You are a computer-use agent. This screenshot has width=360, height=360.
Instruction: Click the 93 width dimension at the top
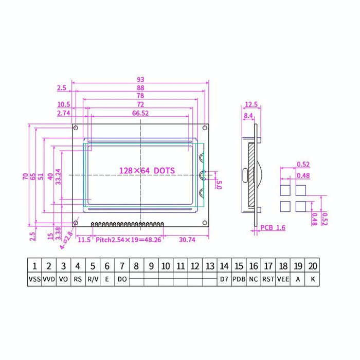pos(140,79)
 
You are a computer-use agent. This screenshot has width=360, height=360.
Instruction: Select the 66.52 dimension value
pos(140,113)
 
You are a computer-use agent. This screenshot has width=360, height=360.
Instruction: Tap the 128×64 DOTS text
pos(147,170)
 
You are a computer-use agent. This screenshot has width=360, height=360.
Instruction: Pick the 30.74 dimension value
pos(187,239)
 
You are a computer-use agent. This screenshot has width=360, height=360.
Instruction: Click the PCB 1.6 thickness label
pos(272,227)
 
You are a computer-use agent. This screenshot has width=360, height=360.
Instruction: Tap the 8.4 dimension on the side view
pos(248,116)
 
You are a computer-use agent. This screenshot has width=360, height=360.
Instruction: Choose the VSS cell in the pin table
pos(34,280)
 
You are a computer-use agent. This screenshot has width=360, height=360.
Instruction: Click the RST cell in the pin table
pos(268,280)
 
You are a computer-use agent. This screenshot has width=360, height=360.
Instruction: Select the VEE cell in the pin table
pos(283,280)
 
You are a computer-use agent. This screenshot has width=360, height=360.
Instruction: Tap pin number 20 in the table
pos(312,266)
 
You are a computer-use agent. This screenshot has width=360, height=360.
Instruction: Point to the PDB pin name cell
pos(239,280)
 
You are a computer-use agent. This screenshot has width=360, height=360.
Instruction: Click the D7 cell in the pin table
pos(224,280)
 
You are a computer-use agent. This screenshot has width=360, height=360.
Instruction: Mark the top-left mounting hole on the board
pos(76,128)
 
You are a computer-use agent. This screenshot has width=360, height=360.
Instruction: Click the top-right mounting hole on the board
pos(205,128)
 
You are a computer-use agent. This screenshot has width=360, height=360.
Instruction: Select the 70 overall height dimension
pos(25,176)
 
